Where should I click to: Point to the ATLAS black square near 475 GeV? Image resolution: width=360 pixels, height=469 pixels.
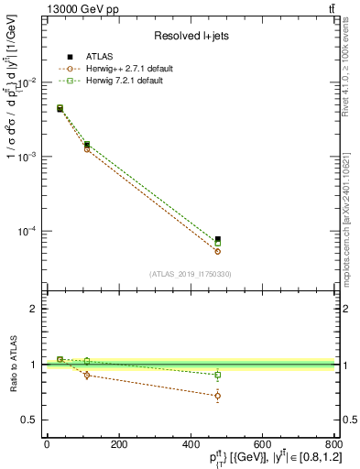pyautogui.click(x=217, y=240)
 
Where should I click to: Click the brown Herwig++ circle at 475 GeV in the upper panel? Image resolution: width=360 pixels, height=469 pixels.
pyautogui.click(x=217, y=251)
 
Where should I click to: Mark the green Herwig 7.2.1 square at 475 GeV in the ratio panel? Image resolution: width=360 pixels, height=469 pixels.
pyautogui.click(x=217, y=375)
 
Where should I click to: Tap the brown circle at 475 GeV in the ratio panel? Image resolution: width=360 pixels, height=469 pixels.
pyautogui.click(x=217, y=396)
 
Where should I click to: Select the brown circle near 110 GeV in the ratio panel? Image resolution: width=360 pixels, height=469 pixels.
pyautogui.click(x=87, y=376)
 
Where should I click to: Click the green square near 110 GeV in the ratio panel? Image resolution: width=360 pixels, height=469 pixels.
pyautogui.click(x=87, y=361)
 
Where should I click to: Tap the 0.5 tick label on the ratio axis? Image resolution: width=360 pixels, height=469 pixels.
pyautogui.click(x=29, y=420)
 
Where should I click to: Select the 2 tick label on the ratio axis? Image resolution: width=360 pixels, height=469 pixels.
pyautogui.click(x=33, y=309)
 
